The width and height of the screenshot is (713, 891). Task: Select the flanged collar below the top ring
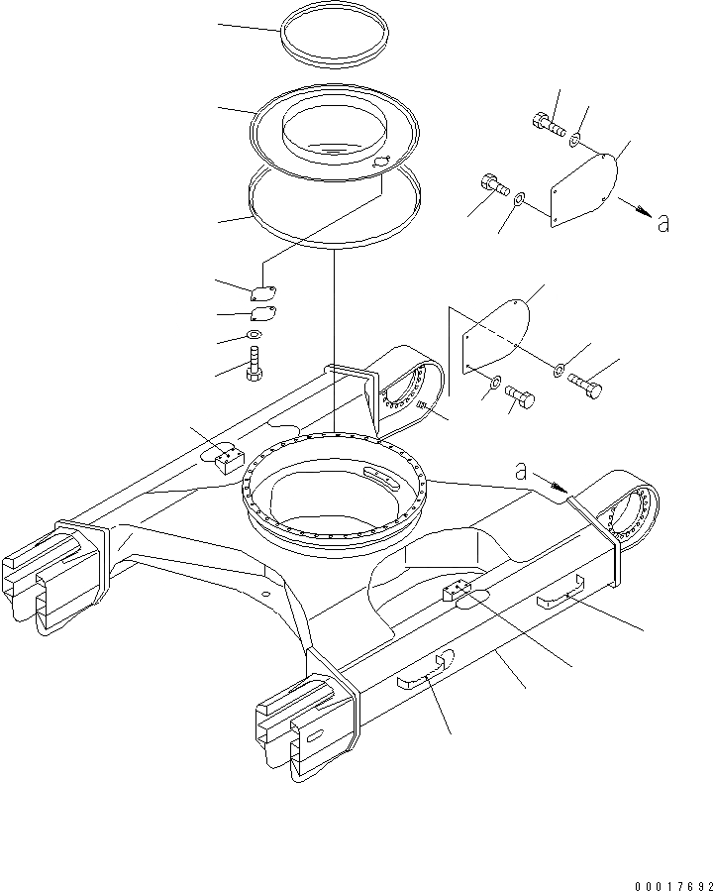coord(334,131)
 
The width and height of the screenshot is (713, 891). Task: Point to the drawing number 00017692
coord(664,877)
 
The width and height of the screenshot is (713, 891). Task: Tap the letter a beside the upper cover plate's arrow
coord(662,222)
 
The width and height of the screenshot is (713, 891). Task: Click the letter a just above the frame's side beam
coord(521,472)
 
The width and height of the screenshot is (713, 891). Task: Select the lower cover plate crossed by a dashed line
coord(495,337)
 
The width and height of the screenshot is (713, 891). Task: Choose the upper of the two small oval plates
coord(261,292)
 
